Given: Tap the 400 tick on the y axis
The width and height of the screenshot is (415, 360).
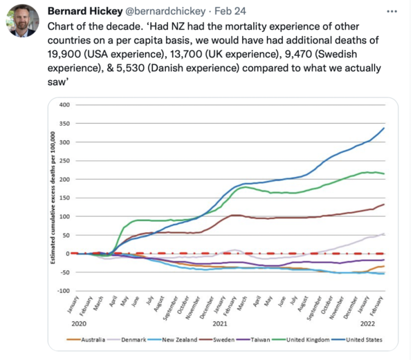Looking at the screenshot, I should [x=66, y=105].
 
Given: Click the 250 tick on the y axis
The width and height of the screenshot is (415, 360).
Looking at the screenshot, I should [x=66, y=161].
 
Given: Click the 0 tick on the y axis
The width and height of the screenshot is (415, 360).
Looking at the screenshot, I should [x=69, y=254].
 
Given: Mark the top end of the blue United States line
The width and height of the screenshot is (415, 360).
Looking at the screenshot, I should [x=384, y=128].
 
